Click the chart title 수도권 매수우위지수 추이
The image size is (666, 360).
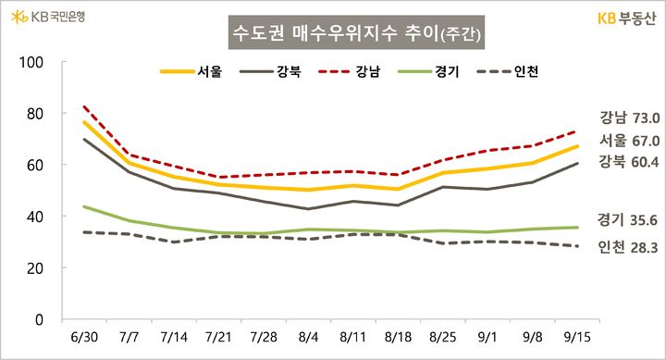[x=356, y=34]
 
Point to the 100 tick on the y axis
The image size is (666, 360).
[x=32, y=62]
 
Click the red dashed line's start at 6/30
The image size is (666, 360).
[x=84, y=106]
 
